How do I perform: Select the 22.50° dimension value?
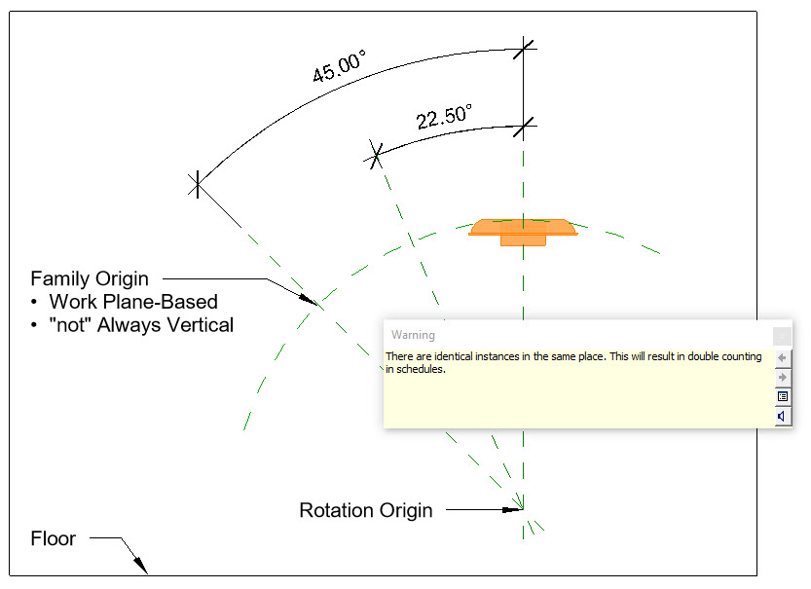pos(444,118)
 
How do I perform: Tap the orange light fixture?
pos(523,231)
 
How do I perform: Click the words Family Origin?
pos(90,279)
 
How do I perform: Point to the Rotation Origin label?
pos(365,510)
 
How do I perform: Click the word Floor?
pos(53,538)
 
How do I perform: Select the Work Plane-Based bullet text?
pos(133,302)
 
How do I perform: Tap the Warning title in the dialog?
pos(413,335)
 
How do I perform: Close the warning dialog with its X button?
pos(782,336)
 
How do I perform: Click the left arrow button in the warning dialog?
pos(782,357)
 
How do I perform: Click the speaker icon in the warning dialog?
pos(782,417)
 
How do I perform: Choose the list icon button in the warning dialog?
pos(782,397)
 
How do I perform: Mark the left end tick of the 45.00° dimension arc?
pos(198,183)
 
